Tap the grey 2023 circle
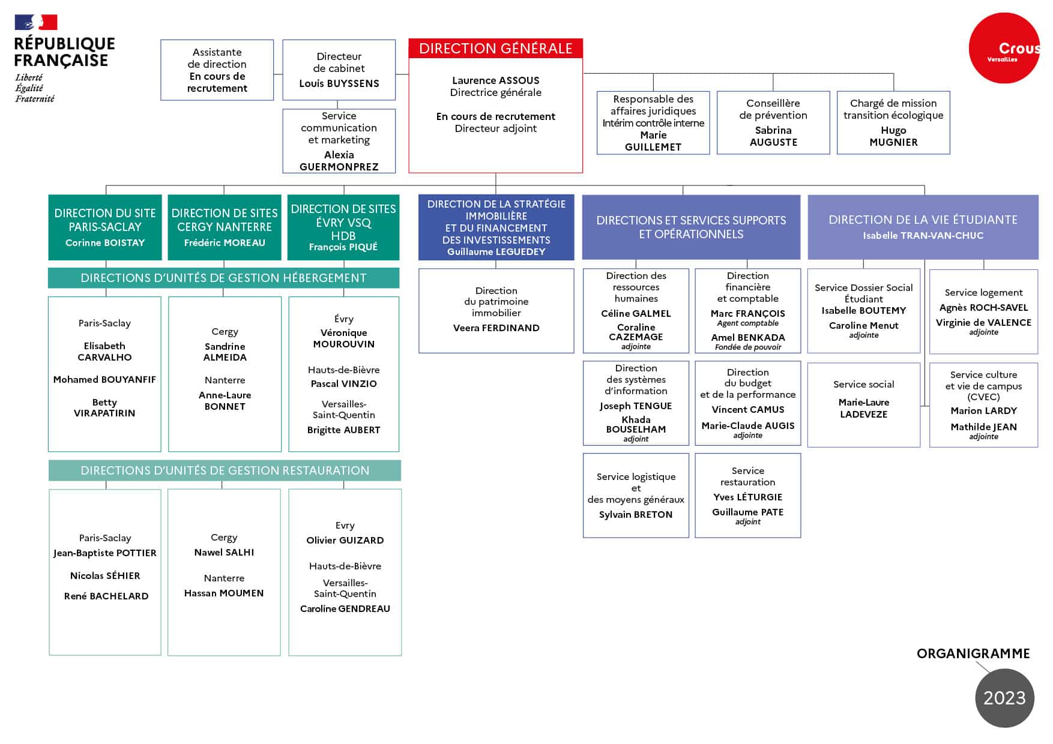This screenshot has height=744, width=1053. [1004, 698]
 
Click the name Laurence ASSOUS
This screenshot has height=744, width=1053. [495, 80]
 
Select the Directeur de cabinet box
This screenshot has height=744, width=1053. [339, 70]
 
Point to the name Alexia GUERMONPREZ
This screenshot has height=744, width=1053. [339, 161]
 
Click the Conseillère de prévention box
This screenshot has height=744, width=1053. [773, 122]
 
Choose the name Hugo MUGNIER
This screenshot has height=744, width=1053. [893, 136]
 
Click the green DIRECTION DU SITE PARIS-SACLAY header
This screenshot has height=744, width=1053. [105, 227]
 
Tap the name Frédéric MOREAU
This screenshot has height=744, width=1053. [225, 243]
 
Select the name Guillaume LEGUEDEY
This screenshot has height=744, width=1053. [496, 252]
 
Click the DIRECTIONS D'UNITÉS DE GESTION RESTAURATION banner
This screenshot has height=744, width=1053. [225, 470]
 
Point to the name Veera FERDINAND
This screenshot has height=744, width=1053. [496, 328]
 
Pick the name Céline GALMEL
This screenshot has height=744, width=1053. [636, 313]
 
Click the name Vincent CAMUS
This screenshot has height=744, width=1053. [747, 410]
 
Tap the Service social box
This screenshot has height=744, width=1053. [863, 404]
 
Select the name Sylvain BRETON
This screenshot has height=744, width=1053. [636, 515]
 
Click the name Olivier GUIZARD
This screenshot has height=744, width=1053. [345, 540]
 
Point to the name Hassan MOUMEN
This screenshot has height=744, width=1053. [224, 593]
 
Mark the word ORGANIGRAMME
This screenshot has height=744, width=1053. [973, 654]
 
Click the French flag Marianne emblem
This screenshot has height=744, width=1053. [36, 22]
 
